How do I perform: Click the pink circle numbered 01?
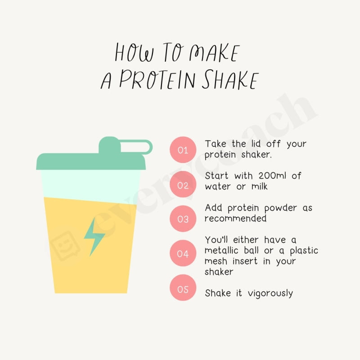point(183,149)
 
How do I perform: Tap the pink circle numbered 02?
point(183,184)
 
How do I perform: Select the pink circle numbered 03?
point(183,219)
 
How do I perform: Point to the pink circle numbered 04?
point(183,253)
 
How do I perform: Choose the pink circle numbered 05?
point(183,288)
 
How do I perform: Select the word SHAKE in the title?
point(229,79)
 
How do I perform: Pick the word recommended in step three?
point(235,219)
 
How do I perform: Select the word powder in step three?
point(275,208)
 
